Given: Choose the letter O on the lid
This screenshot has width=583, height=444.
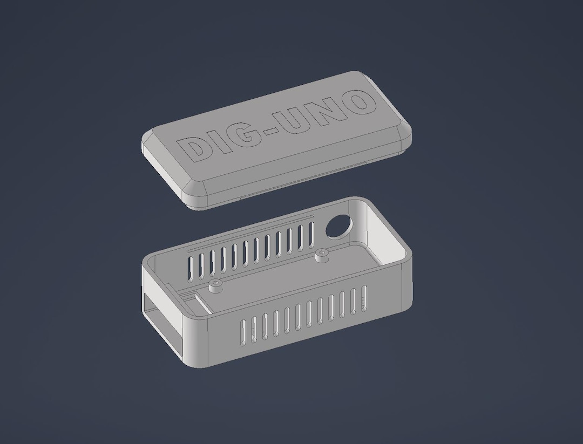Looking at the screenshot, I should pyautogui.click(x=360, y=103).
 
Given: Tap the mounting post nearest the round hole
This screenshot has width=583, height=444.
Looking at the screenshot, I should pyautogui.click(x=322, y=254).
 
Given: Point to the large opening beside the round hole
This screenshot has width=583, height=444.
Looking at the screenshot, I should pyautogui.click(x=386, y=237).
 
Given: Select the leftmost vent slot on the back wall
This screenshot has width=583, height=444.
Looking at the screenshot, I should pyautogui.click(x=190, y=266).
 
